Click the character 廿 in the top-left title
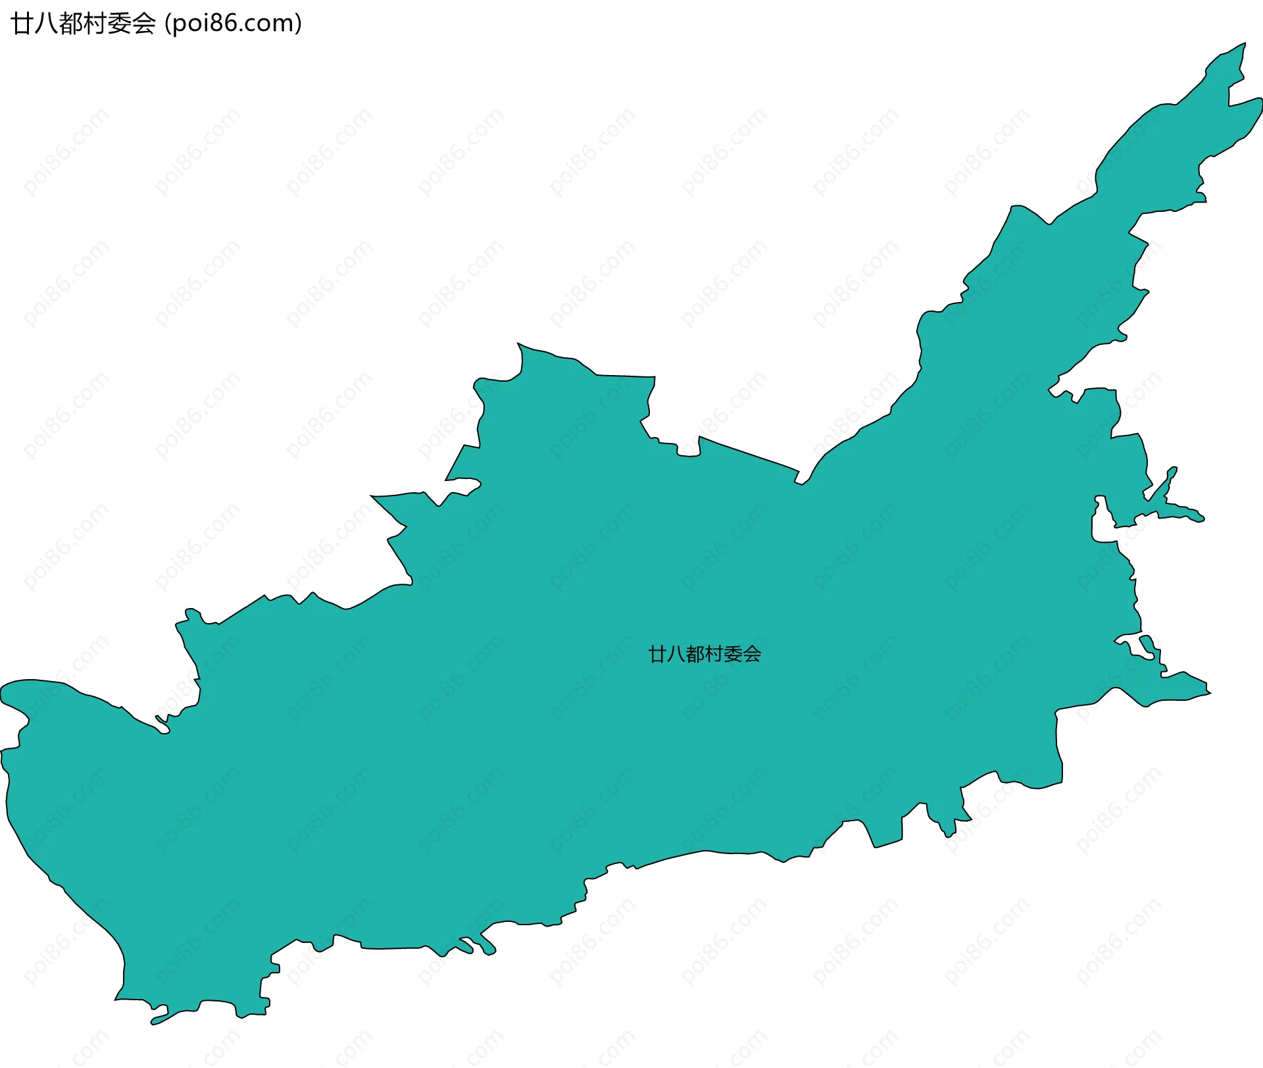click(23, 24)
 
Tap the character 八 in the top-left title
click(47, 24)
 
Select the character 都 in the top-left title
click(70, 24)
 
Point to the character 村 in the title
click(95, 24)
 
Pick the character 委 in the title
click(119, 24)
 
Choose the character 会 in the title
click(143, 24)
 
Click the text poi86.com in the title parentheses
click(233, 24)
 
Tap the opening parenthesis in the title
click(167, 24)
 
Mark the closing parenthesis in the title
click(299, 24)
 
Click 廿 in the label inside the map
click(657, 654)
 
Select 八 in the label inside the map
click(676, 654)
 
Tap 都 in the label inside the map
click(695, 654)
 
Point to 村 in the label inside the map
click(714, 654)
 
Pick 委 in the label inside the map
click(733, 654)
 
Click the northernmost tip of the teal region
click(1244, 44)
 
